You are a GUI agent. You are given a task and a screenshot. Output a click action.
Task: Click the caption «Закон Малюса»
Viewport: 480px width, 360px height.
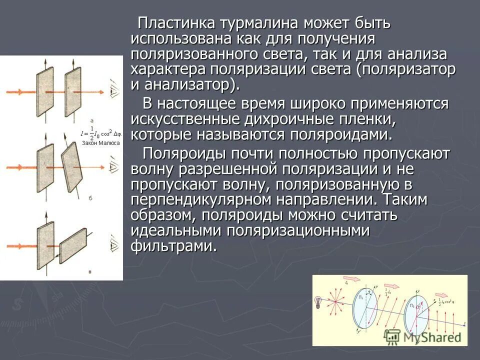101,142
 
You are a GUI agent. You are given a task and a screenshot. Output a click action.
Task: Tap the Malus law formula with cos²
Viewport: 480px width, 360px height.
100,133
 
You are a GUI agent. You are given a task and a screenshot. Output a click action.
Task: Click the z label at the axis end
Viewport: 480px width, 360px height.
465,324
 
